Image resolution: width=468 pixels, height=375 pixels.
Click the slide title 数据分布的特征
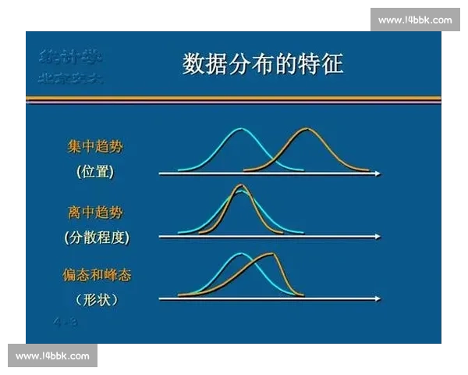point(263,63)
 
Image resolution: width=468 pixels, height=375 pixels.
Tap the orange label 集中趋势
point(94,146)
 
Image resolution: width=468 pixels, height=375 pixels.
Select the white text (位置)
point(95,172)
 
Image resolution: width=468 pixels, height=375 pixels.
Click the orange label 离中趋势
point(94,212)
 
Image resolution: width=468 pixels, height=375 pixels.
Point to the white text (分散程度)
point(97,237)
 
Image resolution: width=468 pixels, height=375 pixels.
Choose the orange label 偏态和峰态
point(97,275)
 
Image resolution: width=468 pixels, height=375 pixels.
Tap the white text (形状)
point(97,299)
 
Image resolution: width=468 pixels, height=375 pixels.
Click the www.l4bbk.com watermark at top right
point(414,20)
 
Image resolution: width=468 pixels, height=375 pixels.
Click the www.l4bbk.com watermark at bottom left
point(53,355)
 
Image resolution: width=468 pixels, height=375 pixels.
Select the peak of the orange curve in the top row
point(305,129)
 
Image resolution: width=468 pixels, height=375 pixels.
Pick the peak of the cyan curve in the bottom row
point(241,254)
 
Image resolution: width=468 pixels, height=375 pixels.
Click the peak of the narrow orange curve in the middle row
point(241,186)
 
